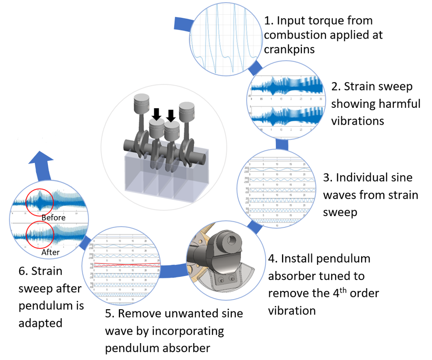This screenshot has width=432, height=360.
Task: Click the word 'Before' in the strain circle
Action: pos(53,217)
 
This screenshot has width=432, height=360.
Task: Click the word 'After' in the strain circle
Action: pos(50,252)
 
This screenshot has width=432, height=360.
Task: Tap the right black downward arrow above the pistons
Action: pos(171,116)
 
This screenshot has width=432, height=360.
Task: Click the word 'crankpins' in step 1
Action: pos(289,49)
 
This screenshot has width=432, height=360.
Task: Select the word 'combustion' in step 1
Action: pos(293,35)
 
